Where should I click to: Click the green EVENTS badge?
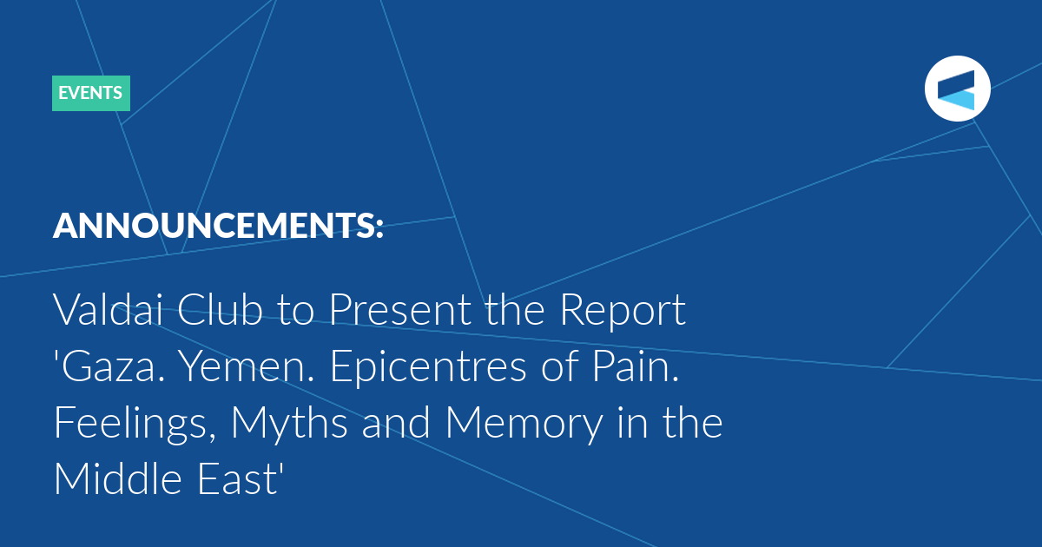tap(91, 93)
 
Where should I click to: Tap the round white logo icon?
tap(957, 89)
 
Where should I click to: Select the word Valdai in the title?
tap(108, 309)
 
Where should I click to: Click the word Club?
tap(220, 309)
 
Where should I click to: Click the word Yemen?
tap(246, 366)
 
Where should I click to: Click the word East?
tap(237, 480)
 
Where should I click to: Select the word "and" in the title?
tap(396, 422)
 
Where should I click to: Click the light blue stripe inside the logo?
tap(956, 101)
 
